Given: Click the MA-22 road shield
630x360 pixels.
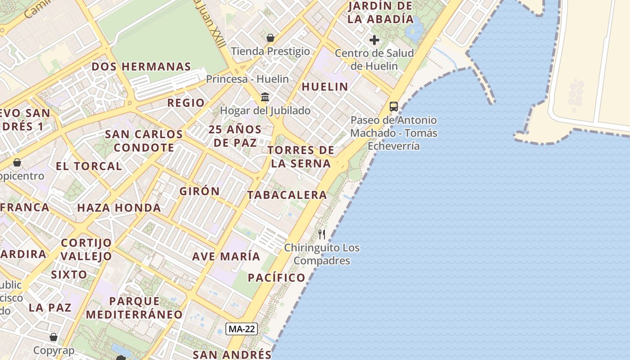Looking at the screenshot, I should click(242, 329).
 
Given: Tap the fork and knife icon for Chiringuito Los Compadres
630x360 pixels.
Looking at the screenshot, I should click(322, 234).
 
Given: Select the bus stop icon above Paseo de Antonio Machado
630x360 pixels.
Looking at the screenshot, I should click(394, 107).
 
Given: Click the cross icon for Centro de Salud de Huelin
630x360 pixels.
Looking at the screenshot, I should click(374, 40).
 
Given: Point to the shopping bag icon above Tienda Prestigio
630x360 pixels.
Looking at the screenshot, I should click(270, 38).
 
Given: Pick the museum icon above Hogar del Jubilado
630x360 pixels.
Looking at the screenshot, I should click(265, 97).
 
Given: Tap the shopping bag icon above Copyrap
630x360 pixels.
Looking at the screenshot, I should click(54, 337).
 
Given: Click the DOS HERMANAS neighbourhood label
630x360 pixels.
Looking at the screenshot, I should click(141, 67).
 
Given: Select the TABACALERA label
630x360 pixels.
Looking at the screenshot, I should click(287, 195).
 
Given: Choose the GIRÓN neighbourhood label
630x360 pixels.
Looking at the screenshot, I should click(200, 191).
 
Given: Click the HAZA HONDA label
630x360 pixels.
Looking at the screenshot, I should click(119, 207).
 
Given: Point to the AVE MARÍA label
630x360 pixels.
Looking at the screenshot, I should click(226, 256).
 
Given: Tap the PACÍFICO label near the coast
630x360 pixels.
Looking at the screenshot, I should click(277, 277).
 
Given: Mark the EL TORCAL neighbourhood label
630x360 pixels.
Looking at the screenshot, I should click(89, 166).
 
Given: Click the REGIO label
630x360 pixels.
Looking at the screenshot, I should click(186, 103).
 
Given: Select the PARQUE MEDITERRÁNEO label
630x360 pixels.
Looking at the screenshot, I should click(135, 308).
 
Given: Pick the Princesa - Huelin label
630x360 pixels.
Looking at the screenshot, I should click(247, 79).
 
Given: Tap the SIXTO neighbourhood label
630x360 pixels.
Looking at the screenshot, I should click(69, 274).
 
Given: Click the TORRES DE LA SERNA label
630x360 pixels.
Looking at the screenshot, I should click(301, 157).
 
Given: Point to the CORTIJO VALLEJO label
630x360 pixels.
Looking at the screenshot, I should click(86, 249).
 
